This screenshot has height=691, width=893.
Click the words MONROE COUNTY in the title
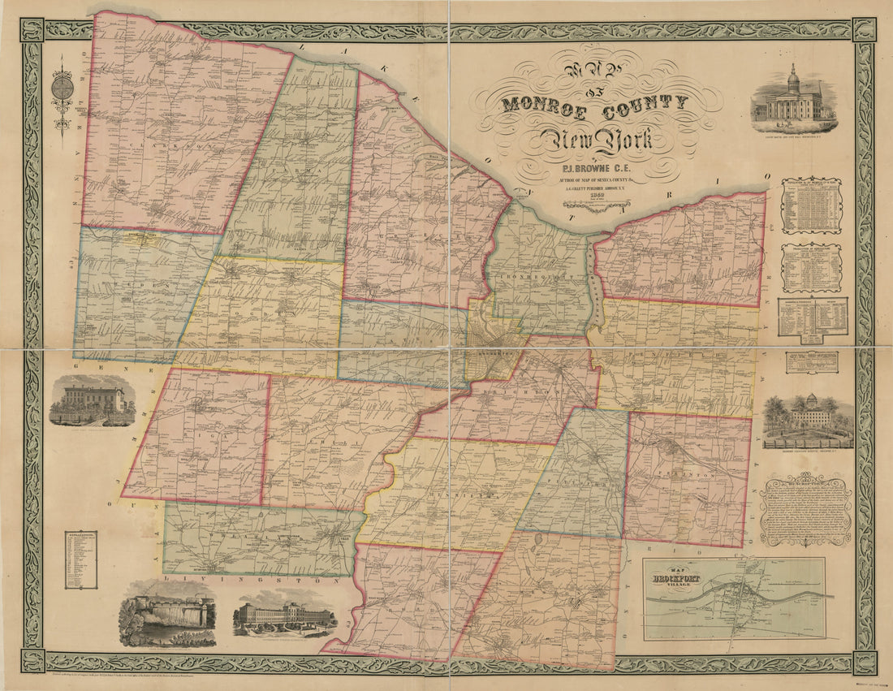click(x=594, y=104)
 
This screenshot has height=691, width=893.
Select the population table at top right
click(x=811, y=206)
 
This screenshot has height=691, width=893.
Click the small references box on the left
click(x=81, y=559)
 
